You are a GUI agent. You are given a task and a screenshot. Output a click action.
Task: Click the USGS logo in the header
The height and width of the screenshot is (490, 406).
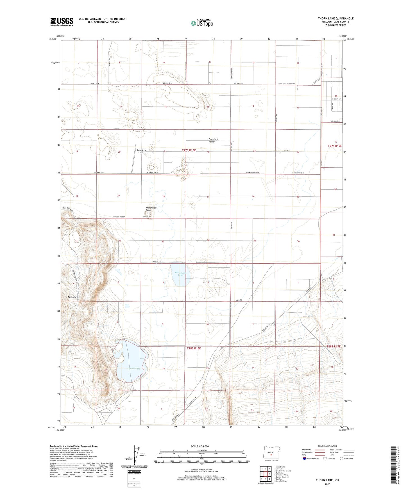pyautogui.click(x=62, y=22)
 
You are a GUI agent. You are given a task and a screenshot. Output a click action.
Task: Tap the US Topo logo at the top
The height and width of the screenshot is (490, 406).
pyautogui.click(x=201, y=23)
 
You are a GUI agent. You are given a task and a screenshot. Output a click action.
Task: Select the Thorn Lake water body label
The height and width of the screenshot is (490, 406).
pyautogui.click(x=134, y=368)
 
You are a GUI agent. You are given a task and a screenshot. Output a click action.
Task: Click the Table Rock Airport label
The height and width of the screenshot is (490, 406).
pyautogui.click(x=141, y=152)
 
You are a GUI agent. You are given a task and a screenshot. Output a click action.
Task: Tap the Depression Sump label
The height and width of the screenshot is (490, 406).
pyautogui.click(x=151, y=209)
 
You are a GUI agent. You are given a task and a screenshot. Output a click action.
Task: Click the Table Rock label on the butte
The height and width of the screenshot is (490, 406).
pyautogui.click(x=72, y=297)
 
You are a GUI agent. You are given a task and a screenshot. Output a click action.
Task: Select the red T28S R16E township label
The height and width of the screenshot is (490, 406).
pyautogui.click(x=194, y=348)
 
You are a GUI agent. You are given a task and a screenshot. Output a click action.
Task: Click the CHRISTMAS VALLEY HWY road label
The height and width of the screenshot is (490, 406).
pyautogui.click(x=287, y=84)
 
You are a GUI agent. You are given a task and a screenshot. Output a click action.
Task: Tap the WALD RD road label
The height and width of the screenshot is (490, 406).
pyautogui.click(x=239, y=300)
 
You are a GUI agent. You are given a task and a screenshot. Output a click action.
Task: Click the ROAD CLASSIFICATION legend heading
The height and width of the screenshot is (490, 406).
pyautogui.click(x=327, y=446)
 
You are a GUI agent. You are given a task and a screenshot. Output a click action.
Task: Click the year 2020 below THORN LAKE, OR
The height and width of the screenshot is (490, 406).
pyautogui.click(x=327, y=484)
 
